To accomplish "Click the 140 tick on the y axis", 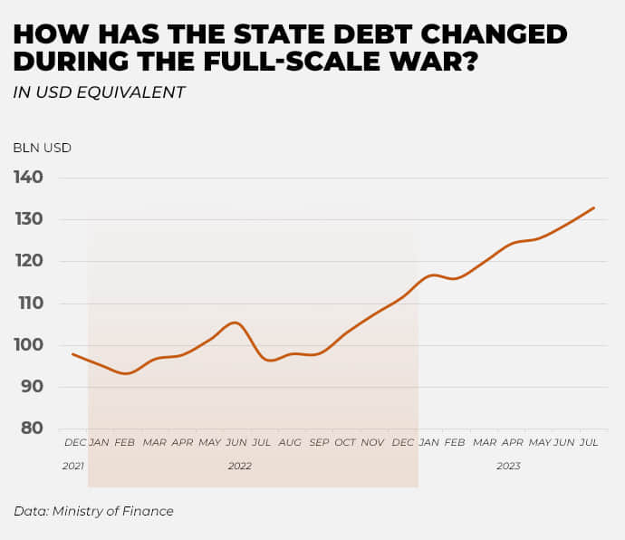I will click(x=28, y=177).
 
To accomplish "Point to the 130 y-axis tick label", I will click(x=28, y=219).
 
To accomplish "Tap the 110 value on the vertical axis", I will click(x=28, y=303).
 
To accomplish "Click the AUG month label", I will click(x=290, y=442).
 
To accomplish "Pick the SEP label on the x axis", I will click(x=319, y=442).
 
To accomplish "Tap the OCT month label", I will click(x=345, y=442).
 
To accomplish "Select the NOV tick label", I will click(x=373, y=442).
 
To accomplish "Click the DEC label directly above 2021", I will click(x=75, y=442).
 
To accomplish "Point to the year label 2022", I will click(x=239, y=466).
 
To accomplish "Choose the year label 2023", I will click(x=508, y=466).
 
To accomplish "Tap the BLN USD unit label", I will click(x=42, y=148).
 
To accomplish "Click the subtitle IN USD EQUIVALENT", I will click(x=99, y=92).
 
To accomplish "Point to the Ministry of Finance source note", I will click(x=93, y=511).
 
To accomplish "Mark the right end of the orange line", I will click(x=594, y=207).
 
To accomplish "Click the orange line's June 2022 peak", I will click(x=236, y=323).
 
